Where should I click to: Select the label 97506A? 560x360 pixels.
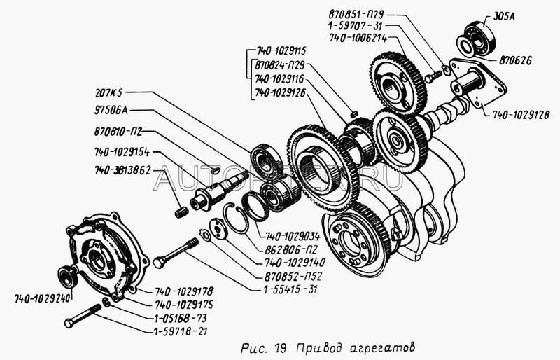(109, 110)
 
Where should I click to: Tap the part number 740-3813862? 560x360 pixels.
(122, 169)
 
